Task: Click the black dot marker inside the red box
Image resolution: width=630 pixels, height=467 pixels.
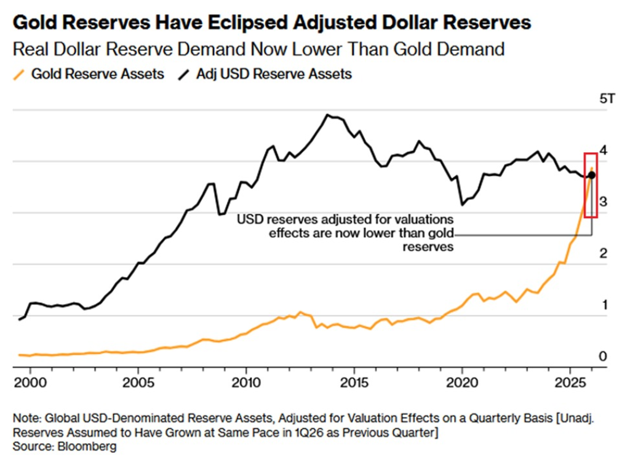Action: (x=591, y=175)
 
